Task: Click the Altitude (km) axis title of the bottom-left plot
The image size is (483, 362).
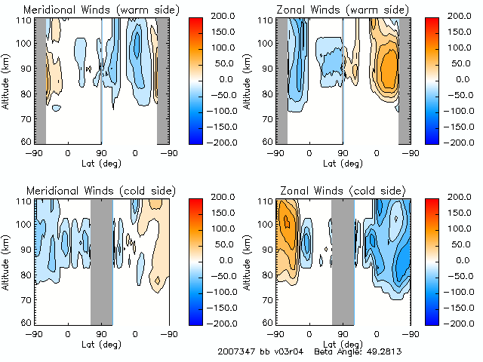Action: click(7, 260)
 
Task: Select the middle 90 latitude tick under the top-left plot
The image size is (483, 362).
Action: click(102, 153)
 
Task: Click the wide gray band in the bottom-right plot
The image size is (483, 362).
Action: click(343, 261)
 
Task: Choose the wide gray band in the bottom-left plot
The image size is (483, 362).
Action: click(102, 261)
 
